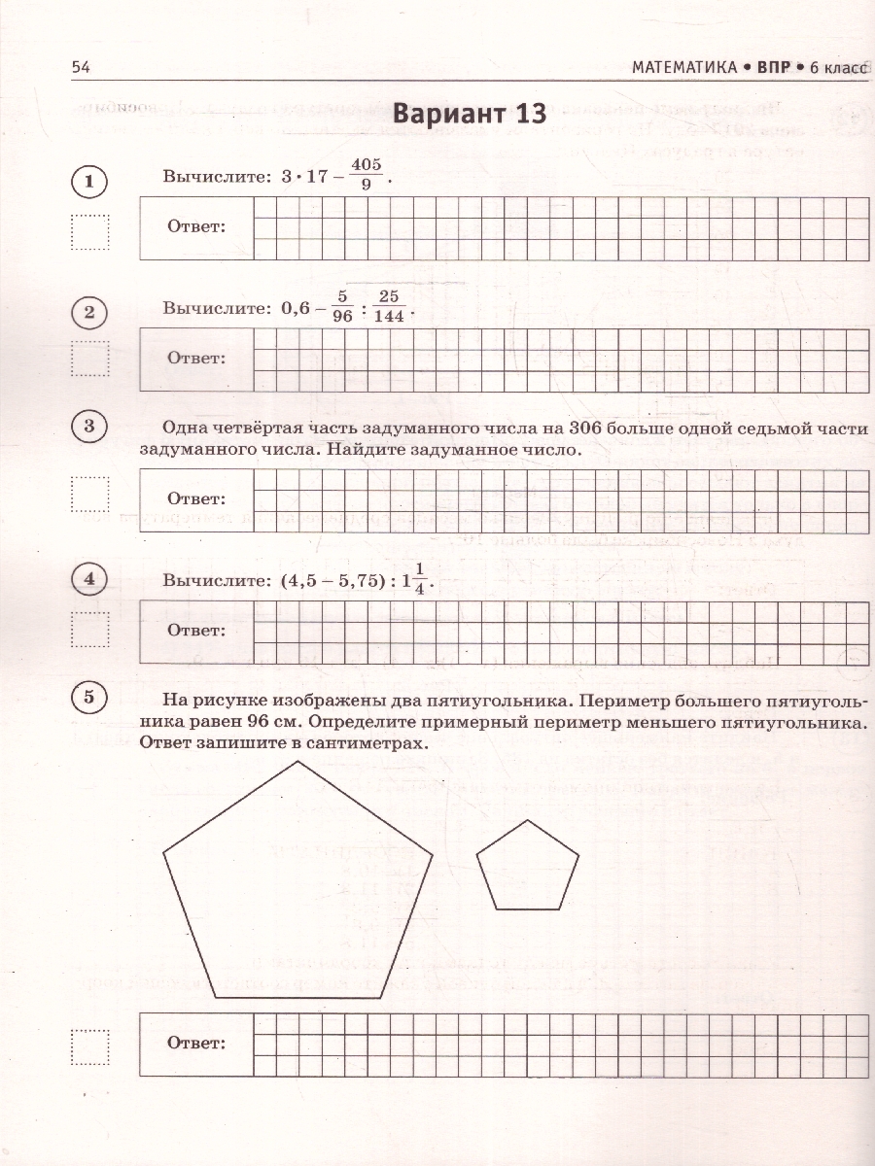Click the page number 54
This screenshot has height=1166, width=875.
(x=80, y=67)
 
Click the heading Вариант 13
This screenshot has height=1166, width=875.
(x=469, y=113)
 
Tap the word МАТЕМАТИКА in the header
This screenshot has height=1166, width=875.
(x=683, y=67)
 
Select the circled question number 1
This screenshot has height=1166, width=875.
(x=89, y=182)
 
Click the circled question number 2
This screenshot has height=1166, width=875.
(x=89, y=312)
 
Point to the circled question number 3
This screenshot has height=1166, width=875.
(x=89, y=427)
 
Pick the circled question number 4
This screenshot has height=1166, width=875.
(x=89, y=580)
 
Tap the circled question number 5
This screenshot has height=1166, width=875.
(x=89, y=697)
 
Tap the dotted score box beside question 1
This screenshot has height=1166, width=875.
(x=90, y=232)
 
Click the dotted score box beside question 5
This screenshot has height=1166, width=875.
(x=90, y=1045)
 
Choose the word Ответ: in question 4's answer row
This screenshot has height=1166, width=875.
(x=196, y=630)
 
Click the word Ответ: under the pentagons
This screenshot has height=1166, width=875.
(x=196, y=1043)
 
